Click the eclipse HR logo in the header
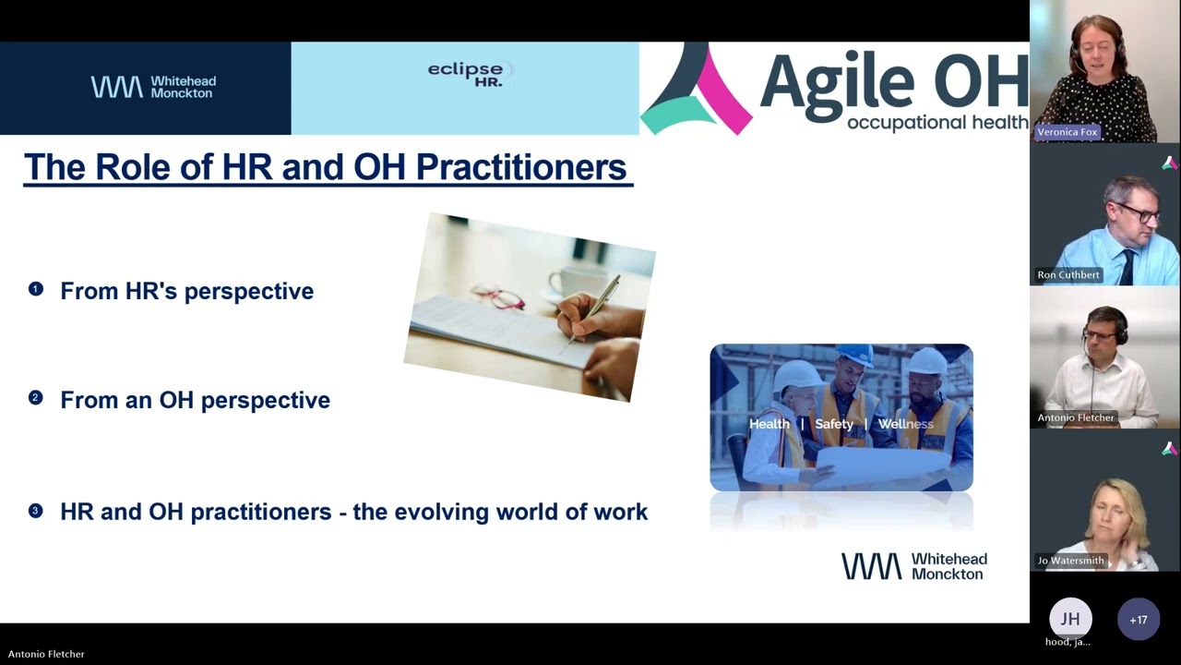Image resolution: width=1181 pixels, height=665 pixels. click(465, 74)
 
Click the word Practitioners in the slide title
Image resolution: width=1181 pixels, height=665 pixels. click(520, 167)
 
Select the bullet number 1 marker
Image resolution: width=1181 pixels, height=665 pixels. click(36, 289)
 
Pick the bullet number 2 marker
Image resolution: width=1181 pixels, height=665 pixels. click(36, 398)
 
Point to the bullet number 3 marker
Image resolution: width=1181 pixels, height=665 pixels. click(36, 510)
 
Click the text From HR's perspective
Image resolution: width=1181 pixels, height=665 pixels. click(186, 291)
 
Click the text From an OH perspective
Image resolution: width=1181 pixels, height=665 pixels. click(195, 400)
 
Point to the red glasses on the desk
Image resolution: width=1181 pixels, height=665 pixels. click(499, 297)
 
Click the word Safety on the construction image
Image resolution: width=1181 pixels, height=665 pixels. click(834, 424)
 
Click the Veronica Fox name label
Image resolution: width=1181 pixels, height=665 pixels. click(1067, 132)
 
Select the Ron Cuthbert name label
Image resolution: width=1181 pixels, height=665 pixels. click(1068, 274)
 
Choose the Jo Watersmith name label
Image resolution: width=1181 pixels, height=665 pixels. click(1070, 561)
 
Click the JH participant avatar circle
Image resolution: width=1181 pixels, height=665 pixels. click(1069, 619)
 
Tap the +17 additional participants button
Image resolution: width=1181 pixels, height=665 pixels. click(1138, 620)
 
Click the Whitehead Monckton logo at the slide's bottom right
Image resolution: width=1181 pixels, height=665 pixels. click(913, 566)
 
